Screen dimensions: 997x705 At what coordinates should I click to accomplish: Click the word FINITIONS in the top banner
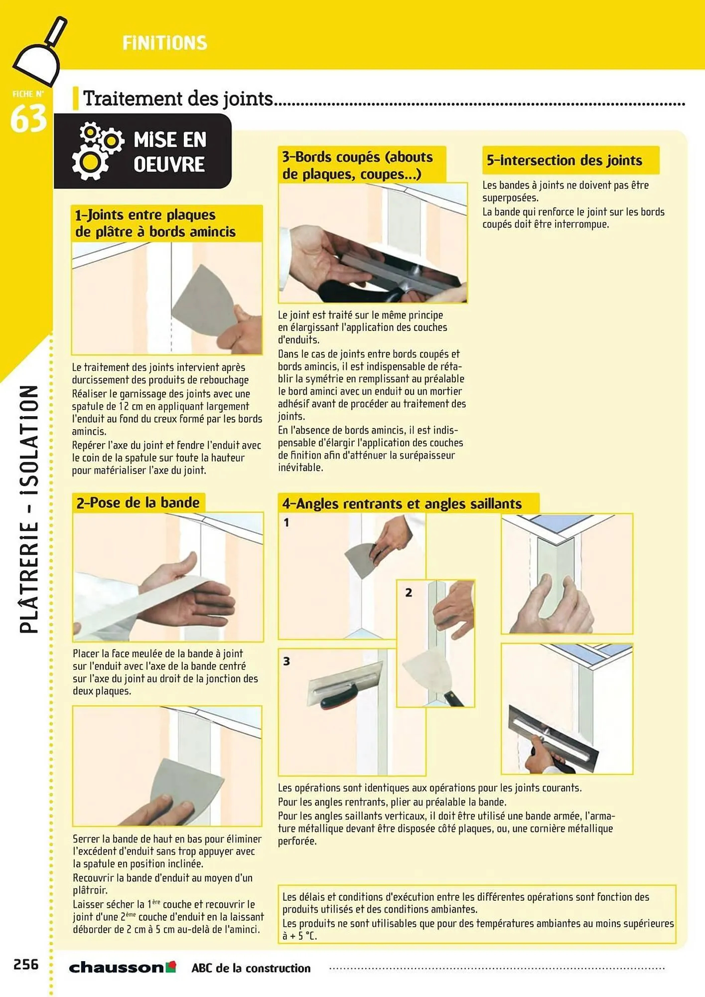(x=165, y=43)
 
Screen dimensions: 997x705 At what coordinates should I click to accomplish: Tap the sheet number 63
(x=28, y=119)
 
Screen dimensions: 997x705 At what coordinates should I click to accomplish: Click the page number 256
(x=26, y=964)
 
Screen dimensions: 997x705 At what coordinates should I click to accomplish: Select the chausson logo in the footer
(x=122, y=968)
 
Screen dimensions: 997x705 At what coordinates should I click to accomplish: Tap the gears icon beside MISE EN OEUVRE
(x=97, y=151)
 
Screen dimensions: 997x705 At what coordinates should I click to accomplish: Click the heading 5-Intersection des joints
(x=564, y=161)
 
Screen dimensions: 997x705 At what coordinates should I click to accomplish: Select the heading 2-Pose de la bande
(x=138, y=502)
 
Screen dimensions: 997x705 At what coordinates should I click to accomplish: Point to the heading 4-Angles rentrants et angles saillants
(x=402, y=503)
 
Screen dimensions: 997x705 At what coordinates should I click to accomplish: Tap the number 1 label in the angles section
(x=286, y=522)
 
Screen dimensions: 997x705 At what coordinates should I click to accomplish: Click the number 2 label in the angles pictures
(x=409, y=593)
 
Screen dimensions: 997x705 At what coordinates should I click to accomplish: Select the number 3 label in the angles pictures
(x=286, y=661)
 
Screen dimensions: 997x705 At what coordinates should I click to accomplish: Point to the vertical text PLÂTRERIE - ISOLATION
(x=29, y=508)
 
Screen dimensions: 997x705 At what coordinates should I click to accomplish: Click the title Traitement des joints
(x=178, y=99)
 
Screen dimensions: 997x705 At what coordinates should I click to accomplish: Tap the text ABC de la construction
(x=251, y=968)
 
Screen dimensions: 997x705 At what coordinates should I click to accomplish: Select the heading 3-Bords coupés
(x=357, y=165)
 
